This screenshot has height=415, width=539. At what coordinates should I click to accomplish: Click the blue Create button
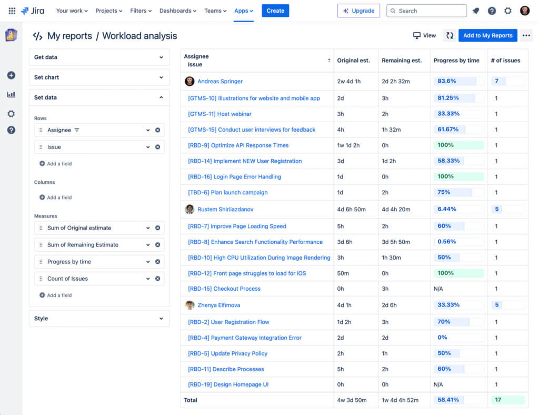pyautogui.click(x=275, y=11)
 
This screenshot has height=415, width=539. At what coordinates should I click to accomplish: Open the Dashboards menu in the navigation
pyautogui.click(x=177, y=11)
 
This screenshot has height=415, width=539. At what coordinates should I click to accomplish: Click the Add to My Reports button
pyautogui.click(x=487, y=35)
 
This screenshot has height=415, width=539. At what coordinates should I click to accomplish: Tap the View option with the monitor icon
pyautogui.click(x=425, y=35)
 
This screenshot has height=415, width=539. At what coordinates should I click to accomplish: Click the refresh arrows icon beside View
pyautogui.click(x=450, y=35)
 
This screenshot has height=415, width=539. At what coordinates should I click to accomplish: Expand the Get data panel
pyautogui.click(x=99, y=57)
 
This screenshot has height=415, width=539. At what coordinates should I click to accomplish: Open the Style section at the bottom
pyautogui.click(x=99, y=319)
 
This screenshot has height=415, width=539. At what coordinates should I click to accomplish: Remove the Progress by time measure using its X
pyautogui.click(x=157, y=262)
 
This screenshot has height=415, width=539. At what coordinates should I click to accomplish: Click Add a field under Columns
pyautogui.click(x=59, y=197)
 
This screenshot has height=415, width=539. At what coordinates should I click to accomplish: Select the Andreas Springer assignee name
pyautogui.click(x=220, y=82)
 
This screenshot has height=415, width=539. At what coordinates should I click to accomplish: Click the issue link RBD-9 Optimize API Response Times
pyautogui.click(x=238, y=145)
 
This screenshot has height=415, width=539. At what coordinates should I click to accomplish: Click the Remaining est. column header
pyautogui.click(x=402, y=61)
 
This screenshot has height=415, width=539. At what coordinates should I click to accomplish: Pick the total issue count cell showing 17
pyautogui.click(x=498, y=400)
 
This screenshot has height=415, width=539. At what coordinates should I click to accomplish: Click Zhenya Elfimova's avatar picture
pyautogui.click(x=189, y=305)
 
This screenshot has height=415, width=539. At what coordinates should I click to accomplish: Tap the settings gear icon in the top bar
pyautogui.click(x=507, y=11)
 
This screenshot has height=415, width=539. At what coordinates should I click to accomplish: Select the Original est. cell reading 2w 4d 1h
pyautogui.click(x=349, y=82)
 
